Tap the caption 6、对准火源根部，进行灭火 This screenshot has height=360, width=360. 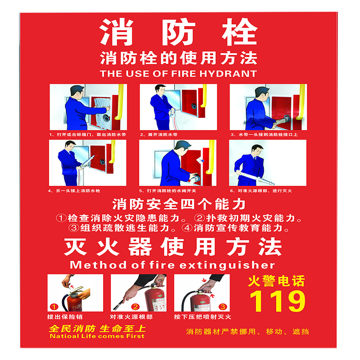[x=261, y=191]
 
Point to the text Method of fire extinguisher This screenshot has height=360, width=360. [x=172, y=265]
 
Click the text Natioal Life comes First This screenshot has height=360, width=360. [x=97, y=336]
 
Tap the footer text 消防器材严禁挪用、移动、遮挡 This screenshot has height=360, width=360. [x=247, y=332]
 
